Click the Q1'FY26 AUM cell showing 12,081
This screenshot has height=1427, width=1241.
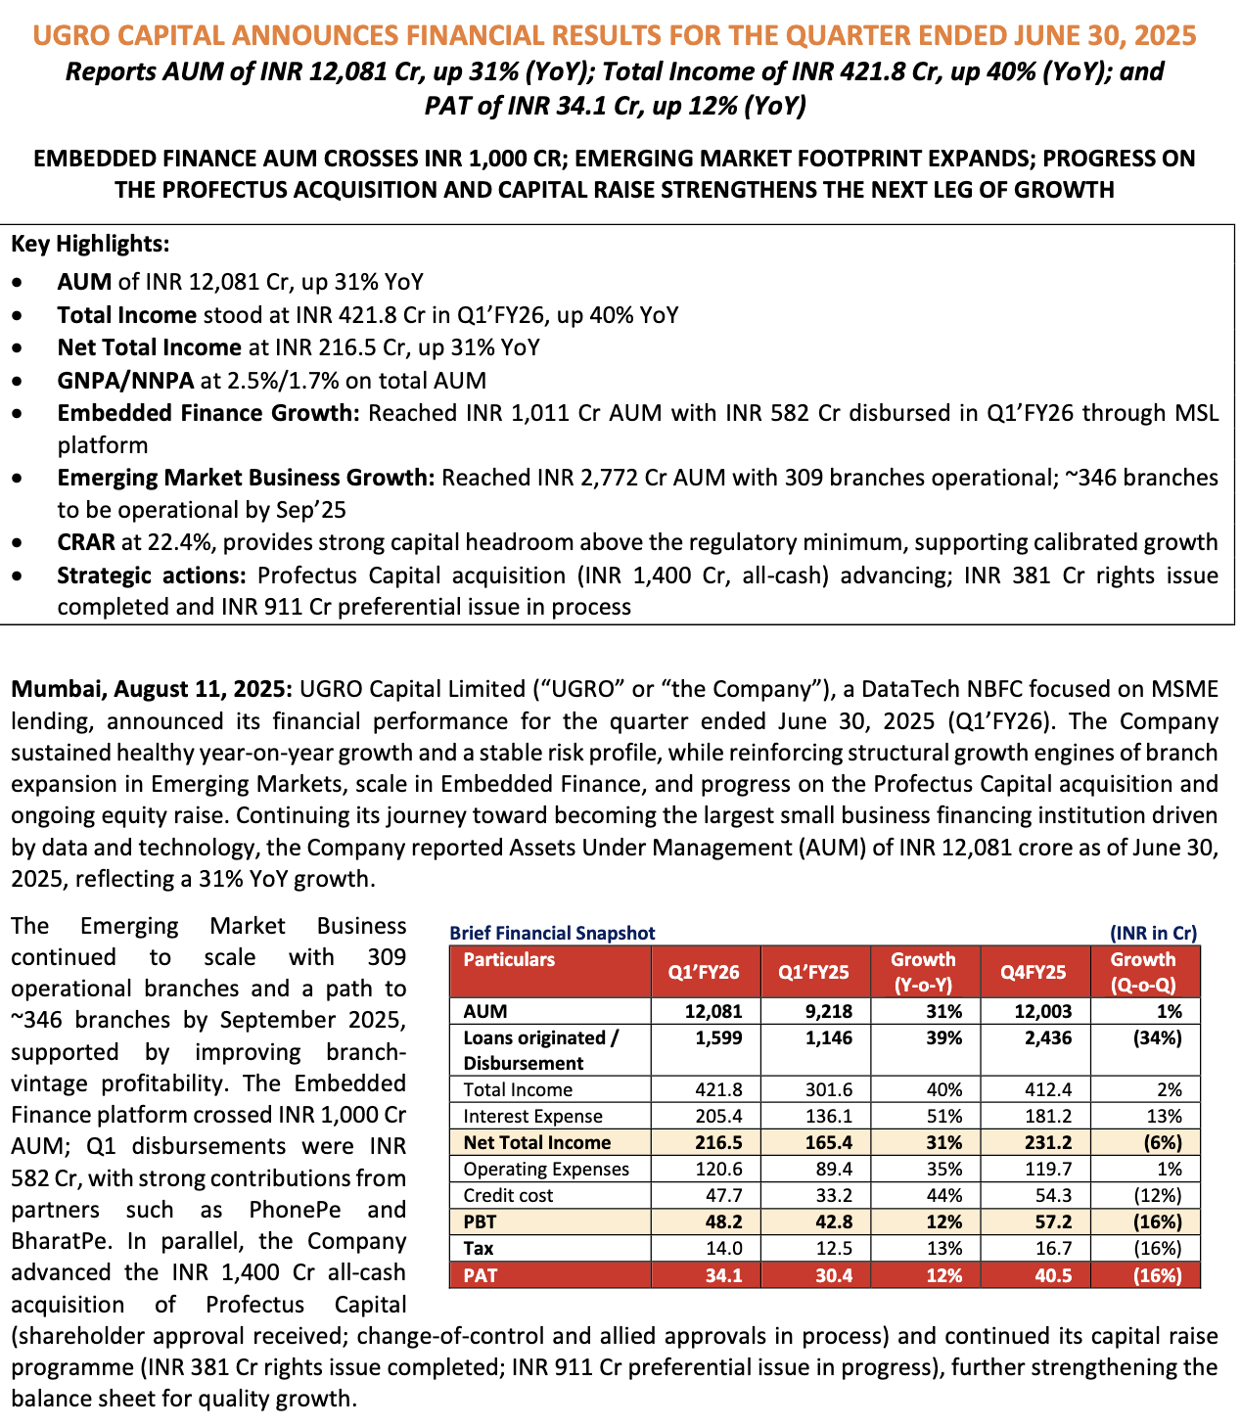pos(713,1011)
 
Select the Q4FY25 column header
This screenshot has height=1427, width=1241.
pos(1033,972)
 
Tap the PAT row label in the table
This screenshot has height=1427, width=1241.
pos(480,1275)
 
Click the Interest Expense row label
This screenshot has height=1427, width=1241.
pos(532,1116)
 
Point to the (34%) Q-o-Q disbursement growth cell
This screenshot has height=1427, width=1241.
pos(1158,1037)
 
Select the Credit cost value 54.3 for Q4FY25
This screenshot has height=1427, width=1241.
pos(1052,1195)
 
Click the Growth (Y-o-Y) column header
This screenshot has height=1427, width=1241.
pos(922,972)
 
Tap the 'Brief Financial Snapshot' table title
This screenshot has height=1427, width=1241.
pos(552,933)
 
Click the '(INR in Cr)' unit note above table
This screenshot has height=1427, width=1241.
pos(1153,933)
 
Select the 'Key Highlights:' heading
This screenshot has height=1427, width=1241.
pos(90,244)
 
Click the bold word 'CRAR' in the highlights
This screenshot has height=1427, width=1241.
pos(86,542)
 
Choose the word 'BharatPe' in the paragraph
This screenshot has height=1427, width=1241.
pos(55,1241)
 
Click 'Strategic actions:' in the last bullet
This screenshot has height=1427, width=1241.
pos(152,575)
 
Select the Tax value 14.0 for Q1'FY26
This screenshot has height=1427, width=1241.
pos(723,1248)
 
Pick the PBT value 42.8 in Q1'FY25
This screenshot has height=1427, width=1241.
pos(833,1221)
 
